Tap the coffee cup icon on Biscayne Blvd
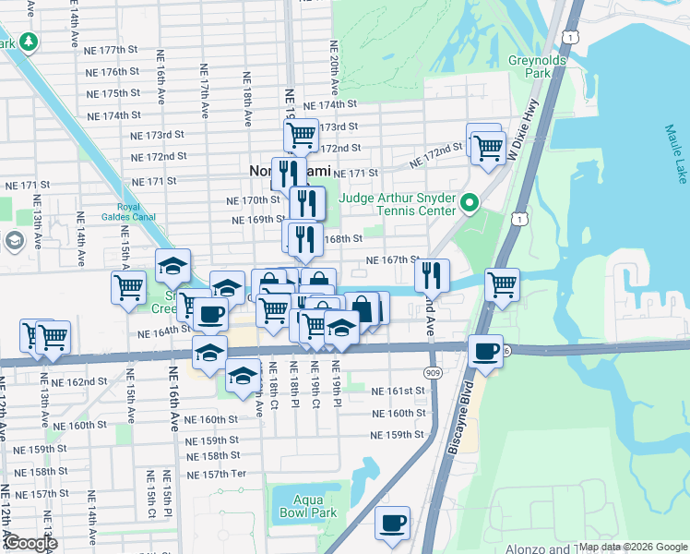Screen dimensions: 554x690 (485, 350)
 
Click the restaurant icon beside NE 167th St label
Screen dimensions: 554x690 (431, 274)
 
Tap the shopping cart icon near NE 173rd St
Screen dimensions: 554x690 (301, 134)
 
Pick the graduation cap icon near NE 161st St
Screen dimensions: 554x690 (243, 376)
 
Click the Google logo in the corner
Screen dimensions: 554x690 (30, 543)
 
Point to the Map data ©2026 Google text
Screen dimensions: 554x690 (632, 547)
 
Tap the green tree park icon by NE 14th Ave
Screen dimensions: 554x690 (29, 42)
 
